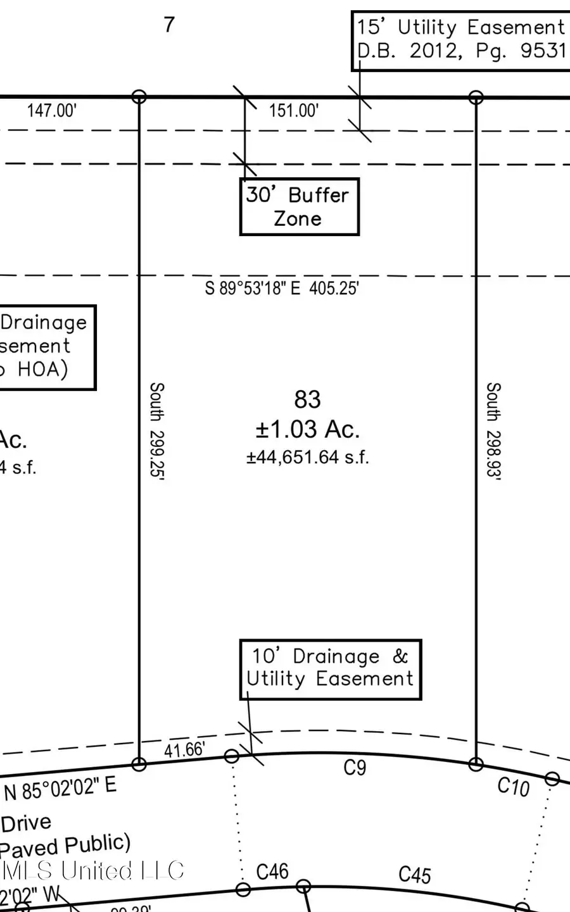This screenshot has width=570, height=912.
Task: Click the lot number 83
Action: pos(307,400)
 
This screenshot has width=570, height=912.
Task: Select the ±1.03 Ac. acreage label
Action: pos(307,430)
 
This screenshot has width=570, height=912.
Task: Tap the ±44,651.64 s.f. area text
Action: pos(307,457)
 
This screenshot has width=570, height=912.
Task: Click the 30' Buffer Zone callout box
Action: pos(299,207)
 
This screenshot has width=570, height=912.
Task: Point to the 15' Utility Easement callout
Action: pos(460,39)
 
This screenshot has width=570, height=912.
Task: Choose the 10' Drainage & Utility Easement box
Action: pos(330,669)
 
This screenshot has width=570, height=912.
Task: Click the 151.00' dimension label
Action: pos(293,111)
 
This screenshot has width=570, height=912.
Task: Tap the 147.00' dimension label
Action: pos(51,111)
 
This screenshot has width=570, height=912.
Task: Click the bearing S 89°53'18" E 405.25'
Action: pos(282,289)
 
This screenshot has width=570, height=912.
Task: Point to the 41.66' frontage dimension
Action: pos(184,750)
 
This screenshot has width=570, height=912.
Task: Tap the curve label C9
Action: pos(355,768)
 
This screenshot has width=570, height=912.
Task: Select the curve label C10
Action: pos(513,787)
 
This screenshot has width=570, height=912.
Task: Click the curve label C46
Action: pos(272,872)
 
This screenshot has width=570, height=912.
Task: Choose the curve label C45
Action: pos(415,875)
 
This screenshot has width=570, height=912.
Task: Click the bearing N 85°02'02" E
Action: pos(60,789)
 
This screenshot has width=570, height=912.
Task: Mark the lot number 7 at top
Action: pos(169,25)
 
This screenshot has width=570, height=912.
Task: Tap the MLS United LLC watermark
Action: pos(93,871)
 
